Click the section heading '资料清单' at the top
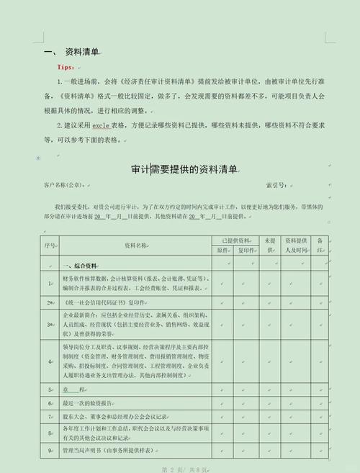(81, 52)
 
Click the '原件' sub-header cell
(222, 251)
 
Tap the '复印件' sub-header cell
(246, 251)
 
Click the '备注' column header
(320, 245)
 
